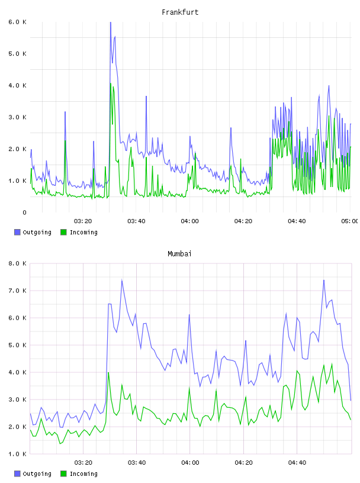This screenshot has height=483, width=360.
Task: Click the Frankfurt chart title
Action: [x=180, y=12]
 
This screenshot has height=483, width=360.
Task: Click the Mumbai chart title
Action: [x=179, y=254]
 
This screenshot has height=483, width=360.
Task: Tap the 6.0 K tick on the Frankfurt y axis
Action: [x=18, y=22]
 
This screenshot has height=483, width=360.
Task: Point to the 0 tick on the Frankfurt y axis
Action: [x=24, y=212]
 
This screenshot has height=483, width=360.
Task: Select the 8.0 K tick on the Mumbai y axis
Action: [x=18, y=263]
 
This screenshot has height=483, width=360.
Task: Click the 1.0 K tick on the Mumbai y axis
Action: [x=18, y=454]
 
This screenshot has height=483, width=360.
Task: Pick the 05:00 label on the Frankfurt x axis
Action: [x=350, y=221]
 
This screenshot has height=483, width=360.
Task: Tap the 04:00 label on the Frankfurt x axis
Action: [x=190, y=221]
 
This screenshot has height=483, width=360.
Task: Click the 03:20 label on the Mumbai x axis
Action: [x=83, y=463]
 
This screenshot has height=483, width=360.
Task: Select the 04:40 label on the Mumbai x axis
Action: [x=297, y=463]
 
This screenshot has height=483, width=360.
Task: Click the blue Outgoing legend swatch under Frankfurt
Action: [x=17, y=232]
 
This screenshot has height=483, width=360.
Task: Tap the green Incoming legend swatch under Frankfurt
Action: [x=63, y=232]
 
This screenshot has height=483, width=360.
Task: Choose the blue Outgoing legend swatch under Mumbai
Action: [x=17, y=474]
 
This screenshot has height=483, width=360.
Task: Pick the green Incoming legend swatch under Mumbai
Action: [x=63, y=474]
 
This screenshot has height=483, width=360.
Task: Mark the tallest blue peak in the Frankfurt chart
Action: [x=110, y=23]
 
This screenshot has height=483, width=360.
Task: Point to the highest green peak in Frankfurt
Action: [x=111, y=83]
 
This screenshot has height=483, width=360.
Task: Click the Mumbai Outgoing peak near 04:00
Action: [x=189, y=315]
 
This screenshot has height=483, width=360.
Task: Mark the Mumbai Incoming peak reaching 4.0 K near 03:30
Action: [x=108, y=373]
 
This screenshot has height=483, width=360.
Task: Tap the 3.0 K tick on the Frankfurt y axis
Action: [x=18, y=117]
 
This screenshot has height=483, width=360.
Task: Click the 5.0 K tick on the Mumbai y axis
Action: [x=18, y=345]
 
